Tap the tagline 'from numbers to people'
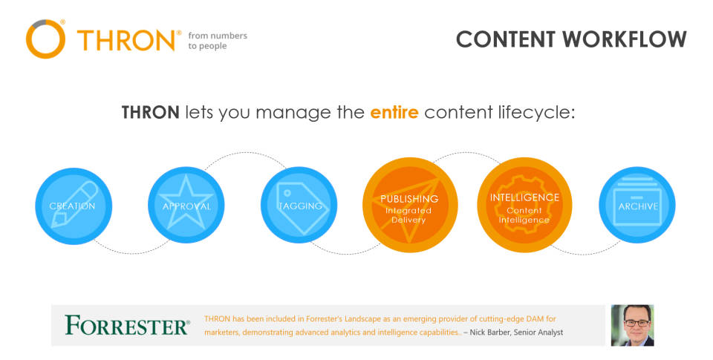pos(218,41)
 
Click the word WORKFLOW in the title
pos(625,39)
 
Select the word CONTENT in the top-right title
pos(506,39)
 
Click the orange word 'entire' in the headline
pos(394,112)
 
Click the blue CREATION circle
pos(74,206)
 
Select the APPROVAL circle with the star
pos(186,205)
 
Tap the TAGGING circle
pos(299,205)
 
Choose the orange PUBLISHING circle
pos(410,205)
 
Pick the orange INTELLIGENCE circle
pos(524,205)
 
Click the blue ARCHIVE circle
pos(637,205)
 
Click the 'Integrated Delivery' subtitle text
pos(408,215)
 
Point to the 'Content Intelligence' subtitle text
pos(524,215)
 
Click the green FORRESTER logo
pos(127,325)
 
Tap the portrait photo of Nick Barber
pos(632,325)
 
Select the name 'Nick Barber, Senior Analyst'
pos(516,333)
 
